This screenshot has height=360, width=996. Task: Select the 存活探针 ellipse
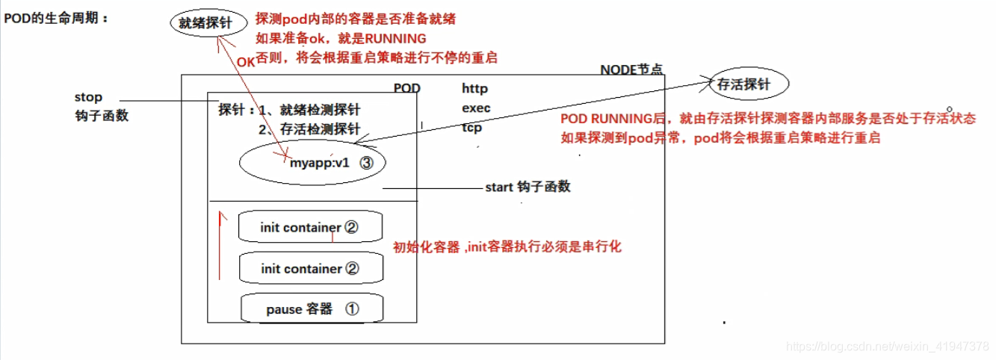click(x=743, y=85)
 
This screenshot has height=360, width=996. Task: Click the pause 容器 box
click(x=303, y=308)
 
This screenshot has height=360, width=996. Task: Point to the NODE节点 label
click(x=631, y=69)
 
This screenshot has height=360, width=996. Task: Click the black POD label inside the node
click(x=407, y=89)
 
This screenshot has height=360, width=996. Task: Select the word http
click(x=474, y=89)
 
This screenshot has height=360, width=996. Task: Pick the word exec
click(x=476, y=108)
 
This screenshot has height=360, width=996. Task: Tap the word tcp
click(x=471, y=128)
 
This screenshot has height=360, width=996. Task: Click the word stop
click(x=88, y=98)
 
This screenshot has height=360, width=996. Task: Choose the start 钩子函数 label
click(x=528, y=187)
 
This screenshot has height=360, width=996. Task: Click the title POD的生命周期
click(x=56, y=18)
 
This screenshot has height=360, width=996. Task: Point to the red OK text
click(x=246, y=63)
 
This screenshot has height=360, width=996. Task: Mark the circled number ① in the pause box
click(x=352, y=308)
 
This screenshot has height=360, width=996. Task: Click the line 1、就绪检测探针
click(x=309, y=110)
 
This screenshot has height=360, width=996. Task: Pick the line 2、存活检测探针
click(x=309, y=129)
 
